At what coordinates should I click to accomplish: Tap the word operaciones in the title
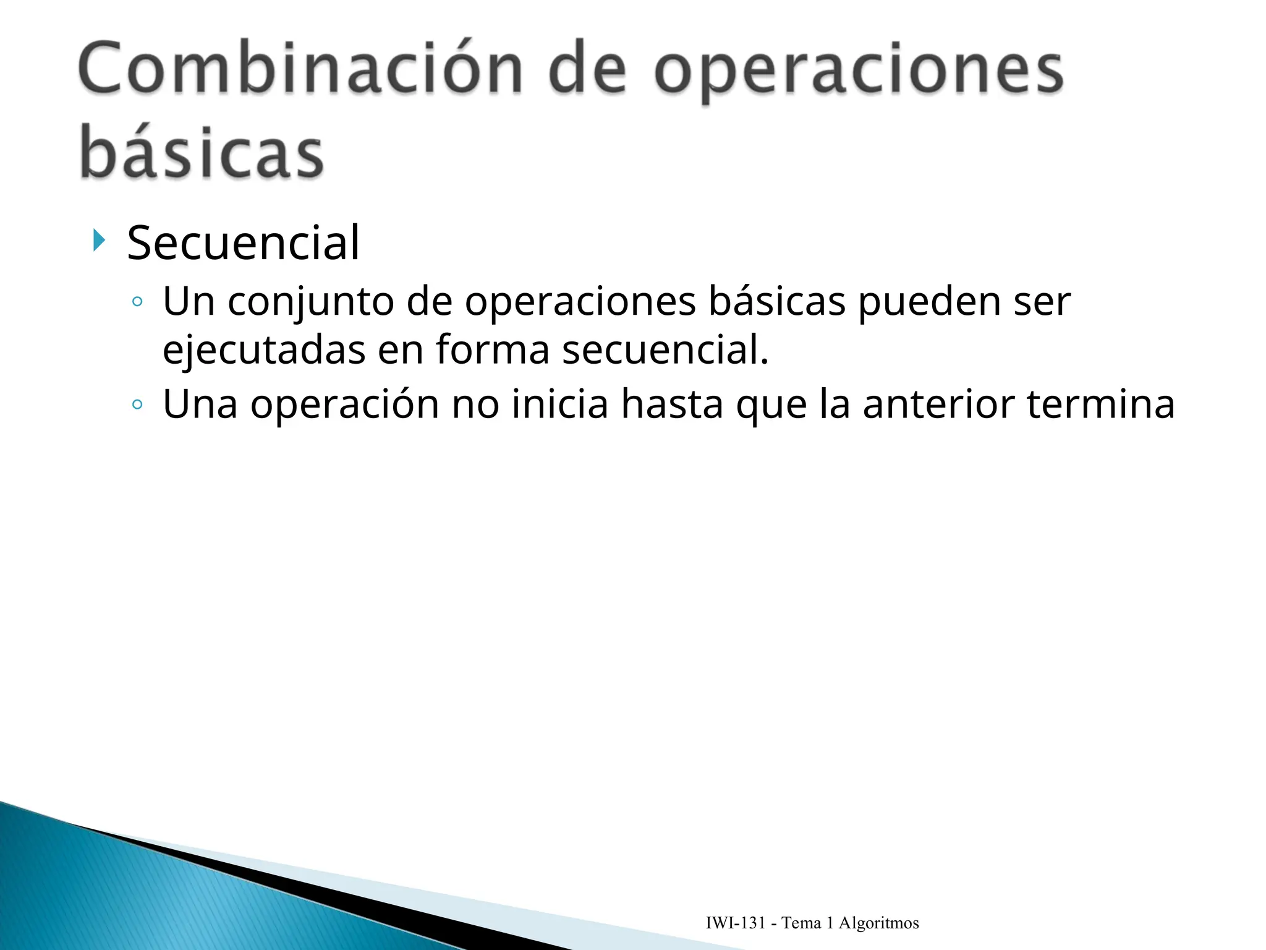coord(859,71)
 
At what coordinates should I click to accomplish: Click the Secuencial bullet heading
coord(243,243)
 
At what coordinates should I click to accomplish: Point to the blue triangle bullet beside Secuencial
coord(98,240)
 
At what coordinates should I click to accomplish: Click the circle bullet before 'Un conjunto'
coord(137,302)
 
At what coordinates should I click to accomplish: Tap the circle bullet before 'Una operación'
coord(137,405)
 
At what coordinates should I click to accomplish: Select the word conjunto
coord(311,303)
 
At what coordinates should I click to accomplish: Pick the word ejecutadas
coord(264,350)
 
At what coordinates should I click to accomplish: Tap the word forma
coord(493,350)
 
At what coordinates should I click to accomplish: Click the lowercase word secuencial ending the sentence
coord(665,350)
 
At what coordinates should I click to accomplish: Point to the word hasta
coord(672,404)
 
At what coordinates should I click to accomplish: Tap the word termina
coord(1100,404)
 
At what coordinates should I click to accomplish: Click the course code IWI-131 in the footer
coord(736,923)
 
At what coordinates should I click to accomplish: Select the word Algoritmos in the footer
coord(878,923)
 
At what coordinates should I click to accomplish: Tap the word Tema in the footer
coord(801,923)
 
